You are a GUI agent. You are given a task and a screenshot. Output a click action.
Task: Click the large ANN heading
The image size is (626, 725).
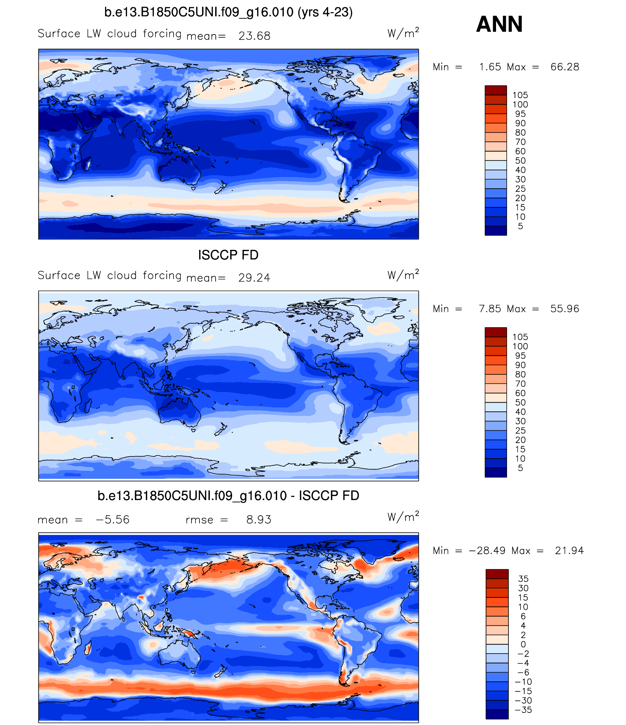tap(499, 25)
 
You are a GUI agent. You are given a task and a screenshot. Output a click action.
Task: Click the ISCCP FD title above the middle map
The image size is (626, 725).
tap(228, 255)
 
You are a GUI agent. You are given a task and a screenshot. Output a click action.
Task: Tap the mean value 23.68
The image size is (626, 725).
tap(254, 36)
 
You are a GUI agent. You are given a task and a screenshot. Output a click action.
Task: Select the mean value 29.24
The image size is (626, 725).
tap(254, 278)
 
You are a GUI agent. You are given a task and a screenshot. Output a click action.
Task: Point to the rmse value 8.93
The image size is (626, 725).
tap(258, 519)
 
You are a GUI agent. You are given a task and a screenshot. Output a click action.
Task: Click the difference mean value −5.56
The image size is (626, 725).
tap(112, 519)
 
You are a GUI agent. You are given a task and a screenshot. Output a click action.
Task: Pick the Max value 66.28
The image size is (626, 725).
tap(564, 67)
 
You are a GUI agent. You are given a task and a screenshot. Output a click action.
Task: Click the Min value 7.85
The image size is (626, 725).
tap(490, 309)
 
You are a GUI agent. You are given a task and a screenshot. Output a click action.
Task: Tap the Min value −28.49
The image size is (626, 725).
tap(487, 551)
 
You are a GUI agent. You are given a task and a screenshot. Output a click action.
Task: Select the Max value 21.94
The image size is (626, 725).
tap(569, 551)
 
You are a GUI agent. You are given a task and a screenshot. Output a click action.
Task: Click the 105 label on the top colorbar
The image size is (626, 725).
tap(520, 95)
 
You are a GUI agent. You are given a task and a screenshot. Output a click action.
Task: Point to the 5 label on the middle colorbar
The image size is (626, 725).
tap(520, 468)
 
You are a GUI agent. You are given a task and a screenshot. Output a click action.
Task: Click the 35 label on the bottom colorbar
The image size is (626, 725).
tap(523, 579)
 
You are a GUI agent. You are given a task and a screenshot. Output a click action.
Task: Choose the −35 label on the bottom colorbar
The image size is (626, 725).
tap(523, 710)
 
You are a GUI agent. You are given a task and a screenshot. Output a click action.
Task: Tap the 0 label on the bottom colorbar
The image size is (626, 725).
tap(523, 644)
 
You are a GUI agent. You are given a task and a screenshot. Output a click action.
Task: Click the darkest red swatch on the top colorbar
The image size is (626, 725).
tap(496, 90)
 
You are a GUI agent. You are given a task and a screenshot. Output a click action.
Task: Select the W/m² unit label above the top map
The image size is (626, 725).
tap(403, 33)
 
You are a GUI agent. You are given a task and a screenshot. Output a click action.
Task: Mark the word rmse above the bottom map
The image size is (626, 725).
tap(199, 520)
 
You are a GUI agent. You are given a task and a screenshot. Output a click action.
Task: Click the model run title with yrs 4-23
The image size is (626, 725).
tap(228, 12)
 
